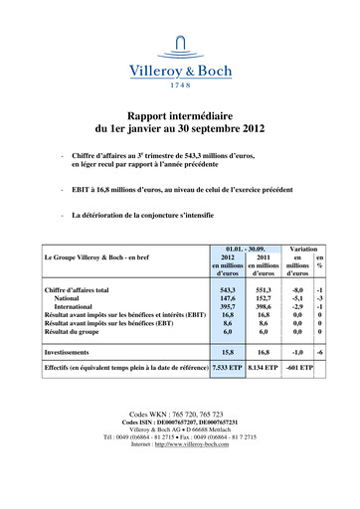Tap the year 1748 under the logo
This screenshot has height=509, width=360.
point(180,85)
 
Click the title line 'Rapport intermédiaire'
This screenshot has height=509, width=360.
point(180,115)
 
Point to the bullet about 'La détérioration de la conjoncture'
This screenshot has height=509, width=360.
point(147,215)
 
